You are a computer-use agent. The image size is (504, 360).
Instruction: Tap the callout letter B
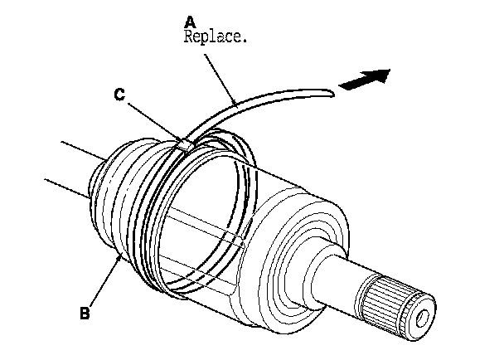click(x=84, y=314)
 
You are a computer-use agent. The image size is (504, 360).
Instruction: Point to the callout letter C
click(x=120, y=95)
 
